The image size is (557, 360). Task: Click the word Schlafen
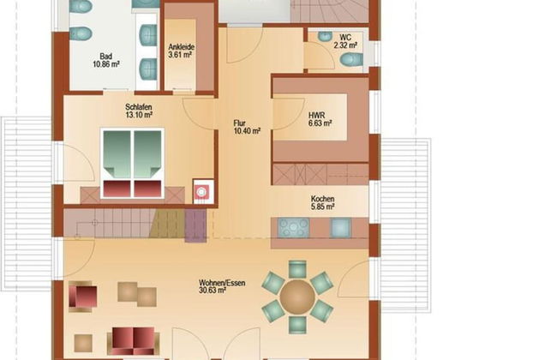139,108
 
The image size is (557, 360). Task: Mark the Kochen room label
322,202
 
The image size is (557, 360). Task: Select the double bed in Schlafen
132,163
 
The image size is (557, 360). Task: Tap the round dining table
297,297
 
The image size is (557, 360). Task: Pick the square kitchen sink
339,227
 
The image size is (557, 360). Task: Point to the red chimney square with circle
202,189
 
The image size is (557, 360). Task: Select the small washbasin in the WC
324,37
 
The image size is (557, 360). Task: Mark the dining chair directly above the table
297,268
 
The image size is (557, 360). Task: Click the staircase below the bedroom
124,223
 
